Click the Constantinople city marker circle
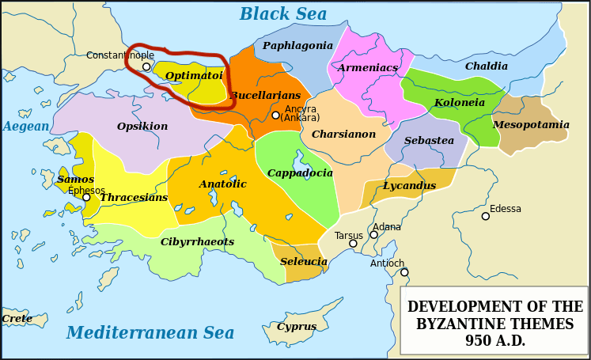146,67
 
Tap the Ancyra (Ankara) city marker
275,116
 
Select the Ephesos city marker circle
86,197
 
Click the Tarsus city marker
353,244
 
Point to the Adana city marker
373,235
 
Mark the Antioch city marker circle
404,272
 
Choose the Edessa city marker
486,216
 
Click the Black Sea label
282,14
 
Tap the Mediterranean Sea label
150,332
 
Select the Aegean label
25,127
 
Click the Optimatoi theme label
194,76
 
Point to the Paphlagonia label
297,46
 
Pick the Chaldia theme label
486,66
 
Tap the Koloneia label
459,103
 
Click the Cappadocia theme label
300,173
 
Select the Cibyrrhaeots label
197,242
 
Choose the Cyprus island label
297,327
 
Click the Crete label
17,319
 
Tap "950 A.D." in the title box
494,341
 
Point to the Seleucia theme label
303,262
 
